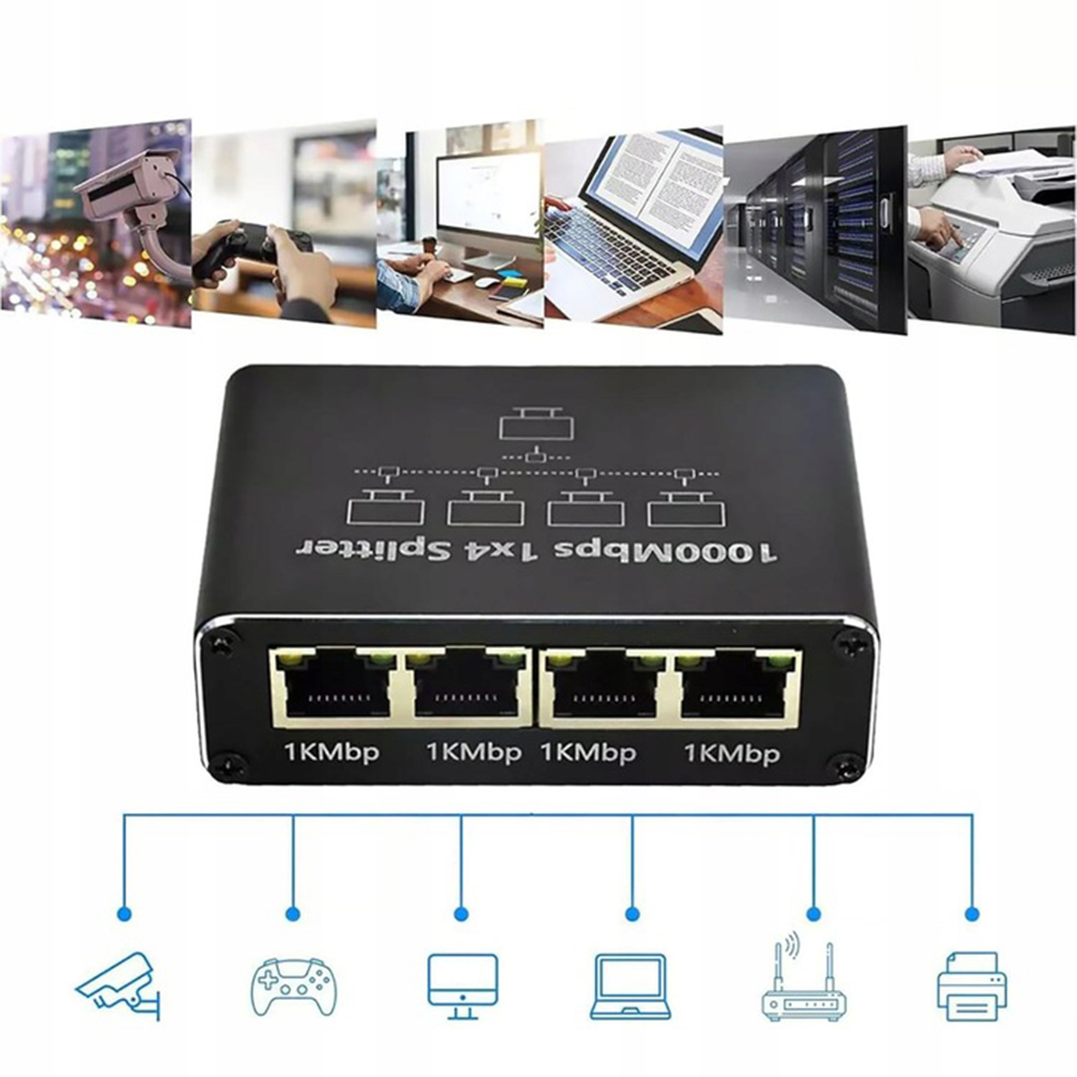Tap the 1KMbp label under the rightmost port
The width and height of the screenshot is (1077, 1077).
731,753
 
